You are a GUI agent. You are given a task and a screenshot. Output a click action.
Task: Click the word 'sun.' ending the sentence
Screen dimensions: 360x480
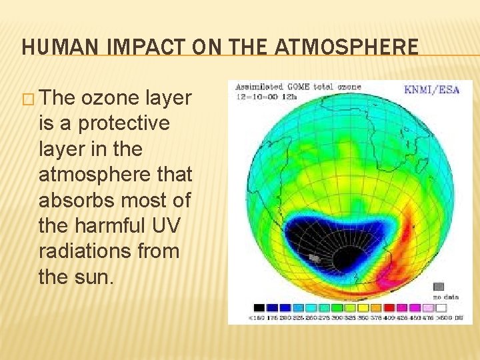coord(93,277)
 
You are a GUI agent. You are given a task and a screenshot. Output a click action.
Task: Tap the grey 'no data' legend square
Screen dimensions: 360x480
coord(438,287)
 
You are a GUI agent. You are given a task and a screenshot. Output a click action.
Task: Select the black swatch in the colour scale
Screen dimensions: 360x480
coord(259,308)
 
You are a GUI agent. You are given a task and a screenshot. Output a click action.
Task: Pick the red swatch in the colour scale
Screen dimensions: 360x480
coord(389,308)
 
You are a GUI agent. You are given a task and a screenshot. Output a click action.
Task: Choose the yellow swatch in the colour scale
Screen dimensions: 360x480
coord(363,308)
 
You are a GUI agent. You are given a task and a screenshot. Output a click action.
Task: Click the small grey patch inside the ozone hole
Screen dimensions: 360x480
coord(314,257)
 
